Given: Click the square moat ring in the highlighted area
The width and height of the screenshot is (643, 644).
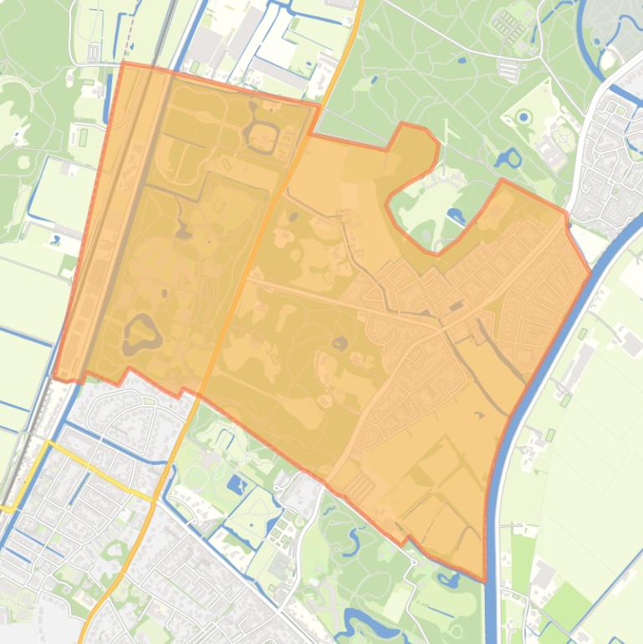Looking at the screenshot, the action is coord(264,136).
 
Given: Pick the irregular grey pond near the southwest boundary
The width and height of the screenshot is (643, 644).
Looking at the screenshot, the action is coord(141,333).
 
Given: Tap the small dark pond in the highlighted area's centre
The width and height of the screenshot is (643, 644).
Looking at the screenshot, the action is coord(340,342).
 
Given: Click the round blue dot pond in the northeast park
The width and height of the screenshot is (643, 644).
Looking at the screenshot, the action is coord(524,118).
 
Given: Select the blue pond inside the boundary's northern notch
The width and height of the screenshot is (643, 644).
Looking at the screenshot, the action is coord(456,216).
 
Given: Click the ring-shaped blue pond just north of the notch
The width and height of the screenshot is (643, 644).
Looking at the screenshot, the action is coord(508,158).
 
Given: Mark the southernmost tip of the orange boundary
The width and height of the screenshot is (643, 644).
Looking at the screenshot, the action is coord(483,579).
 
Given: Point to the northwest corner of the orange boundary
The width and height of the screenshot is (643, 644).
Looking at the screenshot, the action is coord(124,64).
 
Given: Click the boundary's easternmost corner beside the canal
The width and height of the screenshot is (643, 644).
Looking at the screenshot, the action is coord(590,269).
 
